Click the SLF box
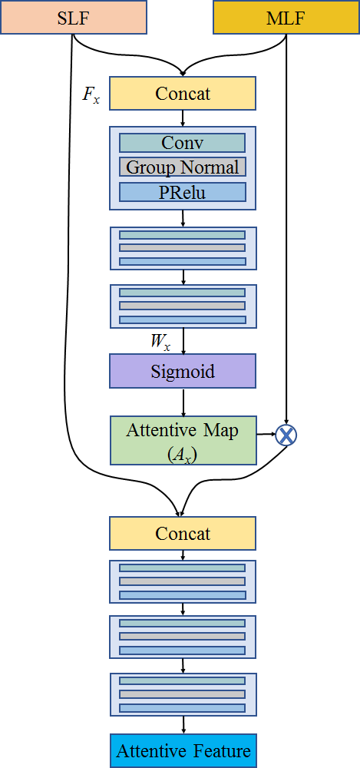click(x=74, y=17)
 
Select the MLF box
click(x=286, y=17)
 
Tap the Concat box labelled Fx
click(x=182, y=93)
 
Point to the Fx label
click(x=91, y=94)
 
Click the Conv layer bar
click(x=182, y=143)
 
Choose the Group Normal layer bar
click(x=182, y=167)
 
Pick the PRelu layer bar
click(x=182, y=192)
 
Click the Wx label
click(x=161, y=342)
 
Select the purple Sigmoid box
click(x=182, y=371)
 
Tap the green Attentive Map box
click(x=183, y=440)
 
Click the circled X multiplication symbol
click(x=286, y=435)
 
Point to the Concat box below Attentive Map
click(x=182, y=533)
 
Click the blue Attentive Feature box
click(x=183, y=750)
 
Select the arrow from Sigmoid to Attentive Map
click(x=183, y=402)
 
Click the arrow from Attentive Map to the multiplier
click(x=266, y=434)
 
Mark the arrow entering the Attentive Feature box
click(x=183, y=724)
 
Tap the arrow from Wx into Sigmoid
click(x=183, y=341)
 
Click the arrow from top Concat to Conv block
click(x=183, y=118)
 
